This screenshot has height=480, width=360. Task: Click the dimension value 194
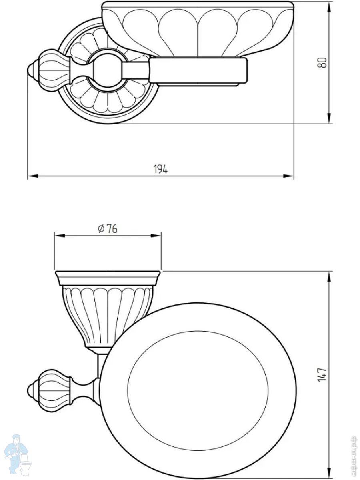pyautogui.click(x=160, y=169)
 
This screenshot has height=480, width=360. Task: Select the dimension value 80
pyautogui.click(x=323, y=62)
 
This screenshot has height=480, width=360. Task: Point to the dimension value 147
pyautogui.click(x=323, y=374)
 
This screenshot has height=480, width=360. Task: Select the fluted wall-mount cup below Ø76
pyautogui.click(x=106, y=316)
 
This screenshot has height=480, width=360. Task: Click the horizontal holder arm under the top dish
pyautogui.click(x=198, y=71)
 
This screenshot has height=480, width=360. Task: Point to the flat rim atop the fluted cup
pyautogui.click(x=108, y=277)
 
